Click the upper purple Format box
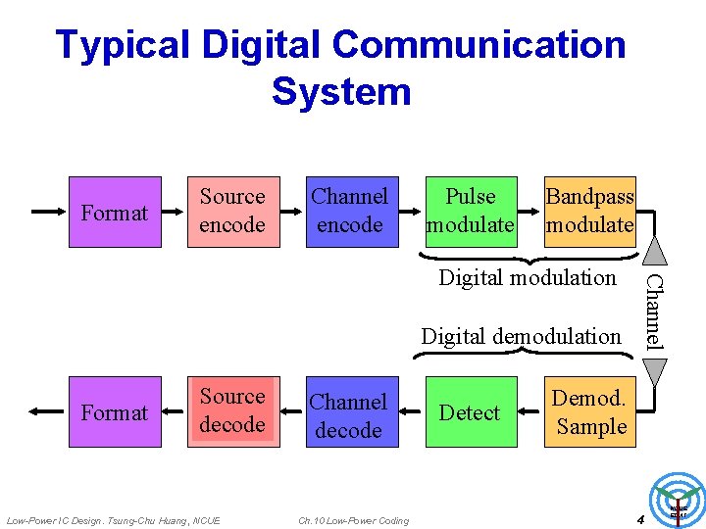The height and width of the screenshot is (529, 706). (x=115, y=212)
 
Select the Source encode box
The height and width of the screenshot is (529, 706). (x=231, y=212)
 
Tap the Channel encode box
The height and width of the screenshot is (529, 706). (x=350, y=212)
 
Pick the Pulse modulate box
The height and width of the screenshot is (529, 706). (x=470, y=212)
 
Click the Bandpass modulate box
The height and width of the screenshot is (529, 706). (x=589, y=212)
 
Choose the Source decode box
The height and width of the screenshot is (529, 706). (x=231, y=411)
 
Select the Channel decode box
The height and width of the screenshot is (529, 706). (x=350, y=411)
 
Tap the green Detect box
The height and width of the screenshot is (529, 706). (x=470, y=411)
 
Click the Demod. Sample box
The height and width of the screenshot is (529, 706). (x=589, y=411)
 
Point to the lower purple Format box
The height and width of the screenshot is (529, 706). (x=115, y=411)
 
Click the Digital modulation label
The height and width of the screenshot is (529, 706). (x=528, y=278)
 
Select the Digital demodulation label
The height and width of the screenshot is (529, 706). (x=521, y=337)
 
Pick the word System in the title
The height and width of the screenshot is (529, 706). (x=341, y=92)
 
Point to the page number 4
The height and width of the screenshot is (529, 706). (x=638, y=518)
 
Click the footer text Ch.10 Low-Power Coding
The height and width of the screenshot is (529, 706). (x=353, y=519)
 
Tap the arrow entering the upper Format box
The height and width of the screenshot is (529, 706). (x=48, y=212)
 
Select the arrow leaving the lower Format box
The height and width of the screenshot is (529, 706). (x=48, y=411)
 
